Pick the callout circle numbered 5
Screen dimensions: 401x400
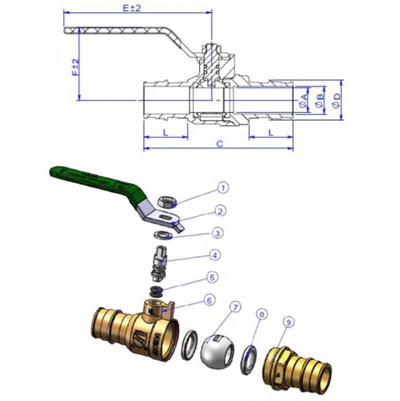click(213, 277)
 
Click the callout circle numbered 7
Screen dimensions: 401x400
click(236, 308)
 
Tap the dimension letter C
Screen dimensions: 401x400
click(219, 144)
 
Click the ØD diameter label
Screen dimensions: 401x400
click(336, 100)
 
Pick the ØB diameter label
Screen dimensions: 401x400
click(319, 100)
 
